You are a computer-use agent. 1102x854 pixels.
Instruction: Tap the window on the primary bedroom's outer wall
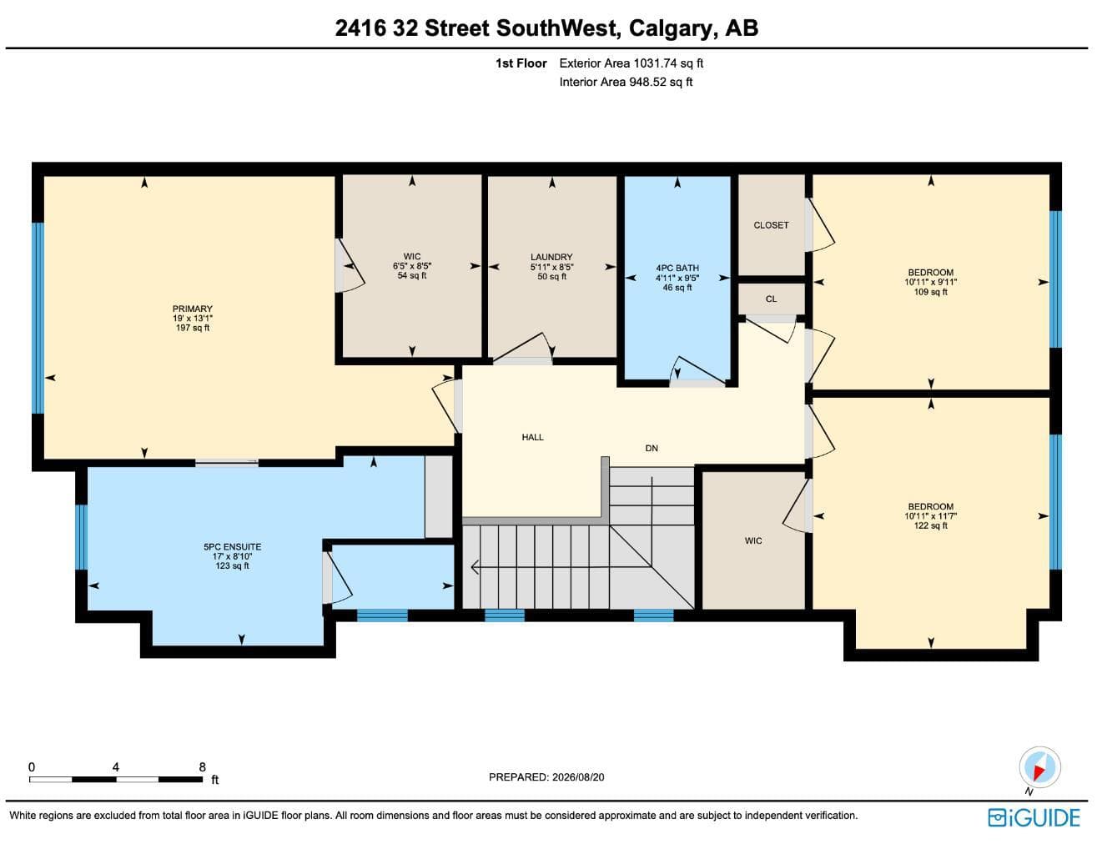pyautogui.click(x=38, y=319)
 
